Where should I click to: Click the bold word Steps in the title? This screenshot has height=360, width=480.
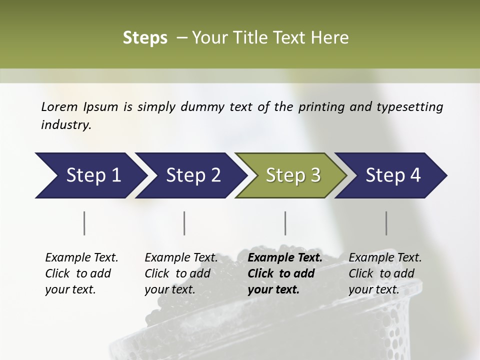pos(145,38)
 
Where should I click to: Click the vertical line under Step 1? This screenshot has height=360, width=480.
pos(84,223)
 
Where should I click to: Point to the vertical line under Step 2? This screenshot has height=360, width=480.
pos(184,223)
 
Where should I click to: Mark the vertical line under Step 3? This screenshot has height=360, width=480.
pos(285,223)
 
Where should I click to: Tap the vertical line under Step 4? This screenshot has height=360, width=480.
pos(386,223)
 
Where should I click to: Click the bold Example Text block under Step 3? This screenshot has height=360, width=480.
pos(285,273)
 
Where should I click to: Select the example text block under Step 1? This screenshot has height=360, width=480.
pos(81,273)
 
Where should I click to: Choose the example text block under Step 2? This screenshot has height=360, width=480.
pos(181,273)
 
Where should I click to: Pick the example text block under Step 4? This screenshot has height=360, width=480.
pos(385,273)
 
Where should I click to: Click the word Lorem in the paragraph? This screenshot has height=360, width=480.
pos(59,106)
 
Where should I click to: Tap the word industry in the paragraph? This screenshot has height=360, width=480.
pos(65,125)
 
